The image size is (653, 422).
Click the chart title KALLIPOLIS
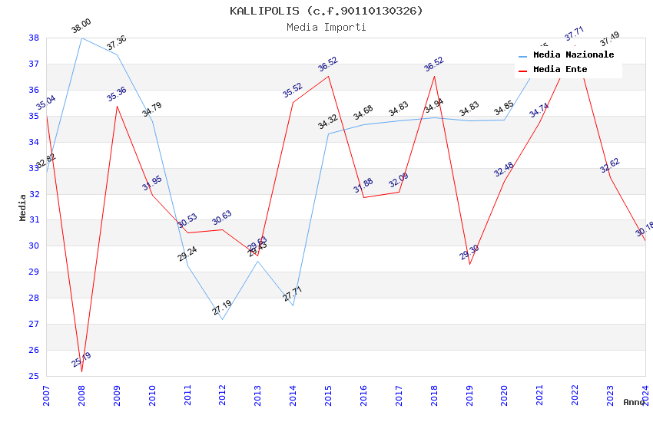(x=326, y=11)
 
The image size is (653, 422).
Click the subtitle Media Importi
(x=326, y=27)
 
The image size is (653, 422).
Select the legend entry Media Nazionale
(x=573, y=55)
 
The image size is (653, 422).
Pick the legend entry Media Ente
(x=560, y=69)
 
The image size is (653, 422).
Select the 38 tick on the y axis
(x=34, y=38)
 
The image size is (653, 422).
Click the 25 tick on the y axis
(x=34, y=376)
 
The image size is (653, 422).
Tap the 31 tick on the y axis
(x=34, y=220)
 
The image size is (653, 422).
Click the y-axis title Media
(x=22, y=207)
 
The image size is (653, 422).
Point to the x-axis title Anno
(x=634, y=402)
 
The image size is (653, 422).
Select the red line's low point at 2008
(x=81, y=372)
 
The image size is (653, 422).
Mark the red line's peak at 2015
(x=328, y=76)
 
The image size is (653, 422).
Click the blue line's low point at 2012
(x=222, y=319)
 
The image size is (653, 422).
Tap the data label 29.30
(x=469, y=252)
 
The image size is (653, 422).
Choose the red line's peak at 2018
(x=434, y=76)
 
